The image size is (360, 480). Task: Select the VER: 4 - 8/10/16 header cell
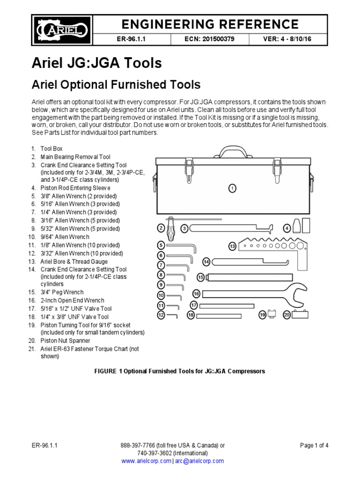288,40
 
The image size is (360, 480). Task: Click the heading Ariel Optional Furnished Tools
115,85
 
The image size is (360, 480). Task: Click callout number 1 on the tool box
232,188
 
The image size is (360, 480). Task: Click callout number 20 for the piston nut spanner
287,315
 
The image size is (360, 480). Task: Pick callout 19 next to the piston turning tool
262,315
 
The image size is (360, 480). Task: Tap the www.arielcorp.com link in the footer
146,461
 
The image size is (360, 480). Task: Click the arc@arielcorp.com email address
199,461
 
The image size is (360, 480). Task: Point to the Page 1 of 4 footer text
314,445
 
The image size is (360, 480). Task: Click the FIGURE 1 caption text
180,371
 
